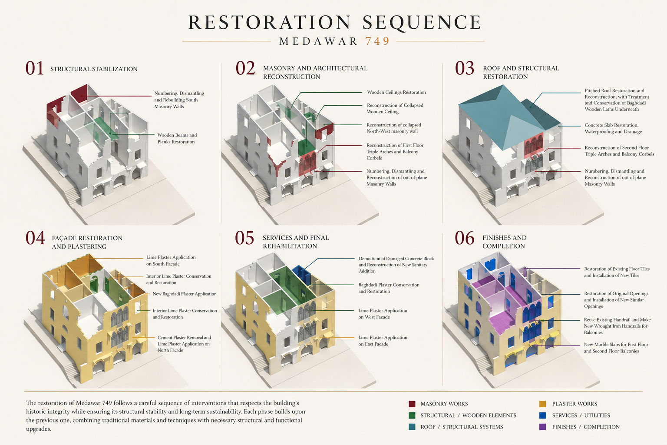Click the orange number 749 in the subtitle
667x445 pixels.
377,41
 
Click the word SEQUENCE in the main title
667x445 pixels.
422,22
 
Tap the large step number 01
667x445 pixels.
35,68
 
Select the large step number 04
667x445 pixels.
35,238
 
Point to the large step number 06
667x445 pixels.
464,238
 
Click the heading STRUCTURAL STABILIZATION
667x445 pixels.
94,69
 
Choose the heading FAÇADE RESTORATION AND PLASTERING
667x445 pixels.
87,242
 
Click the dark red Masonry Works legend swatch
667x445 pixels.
412,404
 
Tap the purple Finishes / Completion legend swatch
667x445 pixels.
542,427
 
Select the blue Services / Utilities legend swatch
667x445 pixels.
542,415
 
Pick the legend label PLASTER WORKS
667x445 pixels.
575,404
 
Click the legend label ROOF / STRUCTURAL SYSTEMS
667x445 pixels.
462,427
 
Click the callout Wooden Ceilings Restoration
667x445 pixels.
396,93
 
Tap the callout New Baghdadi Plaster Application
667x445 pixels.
185,294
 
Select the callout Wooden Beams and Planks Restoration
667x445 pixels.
177,138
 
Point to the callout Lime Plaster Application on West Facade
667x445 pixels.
383,314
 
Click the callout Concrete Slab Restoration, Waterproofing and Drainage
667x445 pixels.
614,129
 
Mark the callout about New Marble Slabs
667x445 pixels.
616,348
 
